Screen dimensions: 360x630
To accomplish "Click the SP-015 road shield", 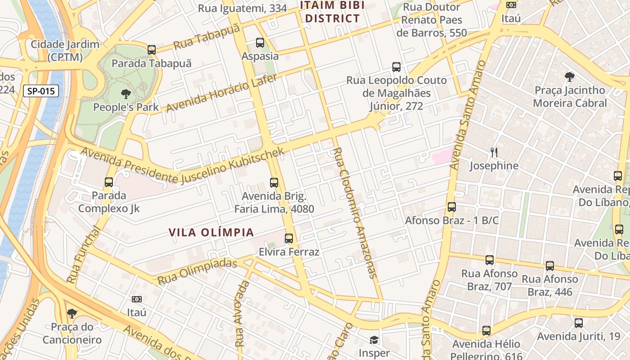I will pos(40,91).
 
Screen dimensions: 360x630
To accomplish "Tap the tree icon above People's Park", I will pos(126,94).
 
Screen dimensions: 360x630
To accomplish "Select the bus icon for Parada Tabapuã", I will pos(152,50).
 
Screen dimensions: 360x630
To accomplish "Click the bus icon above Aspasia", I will pos(260,43).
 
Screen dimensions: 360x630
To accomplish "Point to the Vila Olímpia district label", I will pos(211,232).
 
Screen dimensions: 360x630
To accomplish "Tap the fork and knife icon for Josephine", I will pos(494,153).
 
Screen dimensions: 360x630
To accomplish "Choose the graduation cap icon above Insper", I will pos(374,340).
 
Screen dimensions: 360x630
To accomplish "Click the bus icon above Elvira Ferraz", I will pos(289,238).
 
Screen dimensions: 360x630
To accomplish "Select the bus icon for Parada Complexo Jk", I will pos(109,182).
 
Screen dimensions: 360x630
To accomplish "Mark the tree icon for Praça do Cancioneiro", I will pos(72,313).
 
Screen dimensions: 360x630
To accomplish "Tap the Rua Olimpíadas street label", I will pos(197,271).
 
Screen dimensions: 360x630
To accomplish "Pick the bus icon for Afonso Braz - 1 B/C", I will pos(452,207).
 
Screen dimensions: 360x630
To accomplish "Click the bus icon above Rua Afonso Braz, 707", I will pos(490,260).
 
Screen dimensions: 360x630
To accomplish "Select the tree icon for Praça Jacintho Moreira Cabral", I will pos(570,77).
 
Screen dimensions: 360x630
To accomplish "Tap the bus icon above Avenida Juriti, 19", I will pos(579,323).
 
